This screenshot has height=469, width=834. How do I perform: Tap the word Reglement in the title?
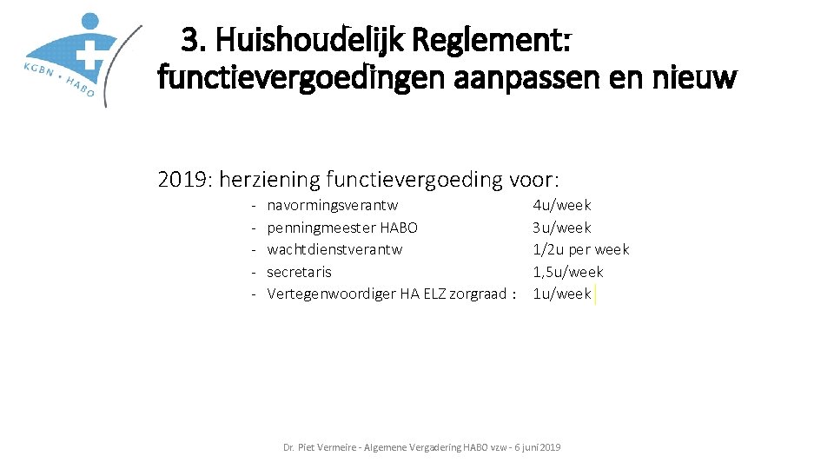tap(493, 39)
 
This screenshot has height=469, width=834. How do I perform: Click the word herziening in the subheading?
tap(268, 180)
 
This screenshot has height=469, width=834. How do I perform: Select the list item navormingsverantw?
tap(333, 206)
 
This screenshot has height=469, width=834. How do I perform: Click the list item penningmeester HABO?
tap(342, 228)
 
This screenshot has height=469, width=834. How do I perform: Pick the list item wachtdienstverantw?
tap(334, 249)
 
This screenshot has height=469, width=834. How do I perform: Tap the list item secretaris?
tap(299, 272)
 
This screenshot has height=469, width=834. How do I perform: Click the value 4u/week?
tap(562, 206)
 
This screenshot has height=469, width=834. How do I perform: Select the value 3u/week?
tap(562, 228)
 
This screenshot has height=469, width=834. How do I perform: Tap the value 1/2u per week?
tap(581, 249)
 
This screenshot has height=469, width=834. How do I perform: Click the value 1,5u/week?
tap(568, 272)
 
